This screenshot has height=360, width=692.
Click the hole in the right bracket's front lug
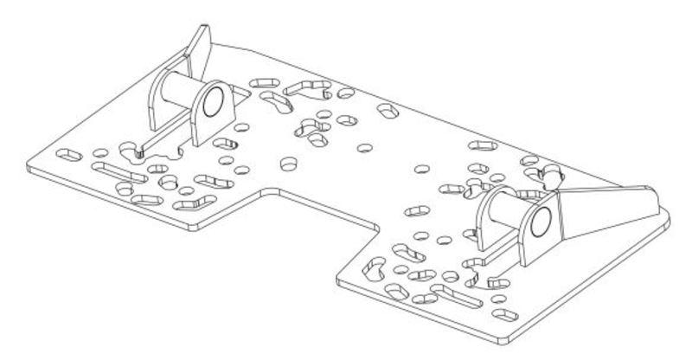[539, 223]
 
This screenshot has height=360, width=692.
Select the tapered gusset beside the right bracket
[605, 212]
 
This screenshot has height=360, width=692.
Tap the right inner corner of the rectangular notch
[377, 228]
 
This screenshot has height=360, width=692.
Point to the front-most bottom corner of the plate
[510, 337]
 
